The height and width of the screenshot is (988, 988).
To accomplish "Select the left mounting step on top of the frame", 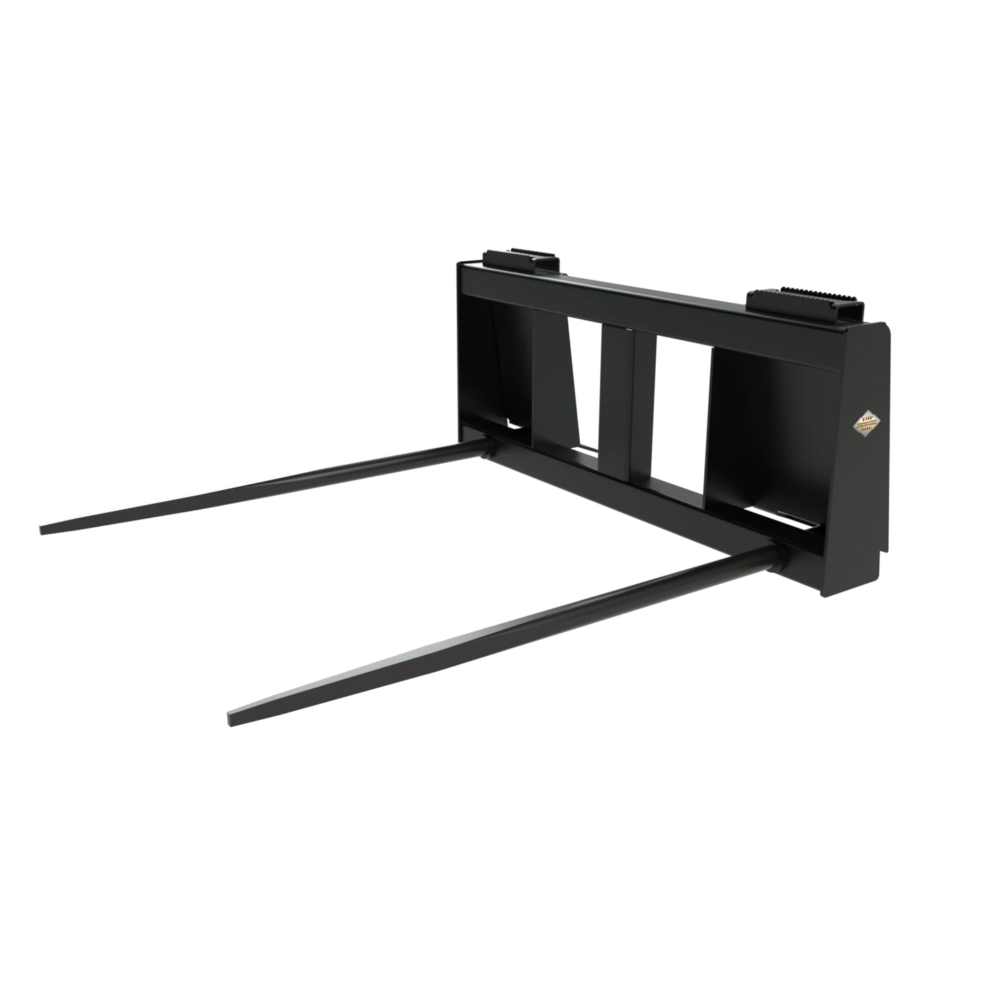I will (x=522, y=260).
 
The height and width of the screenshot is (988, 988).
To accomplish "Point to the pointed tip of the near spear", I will (x=229, y=719).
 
